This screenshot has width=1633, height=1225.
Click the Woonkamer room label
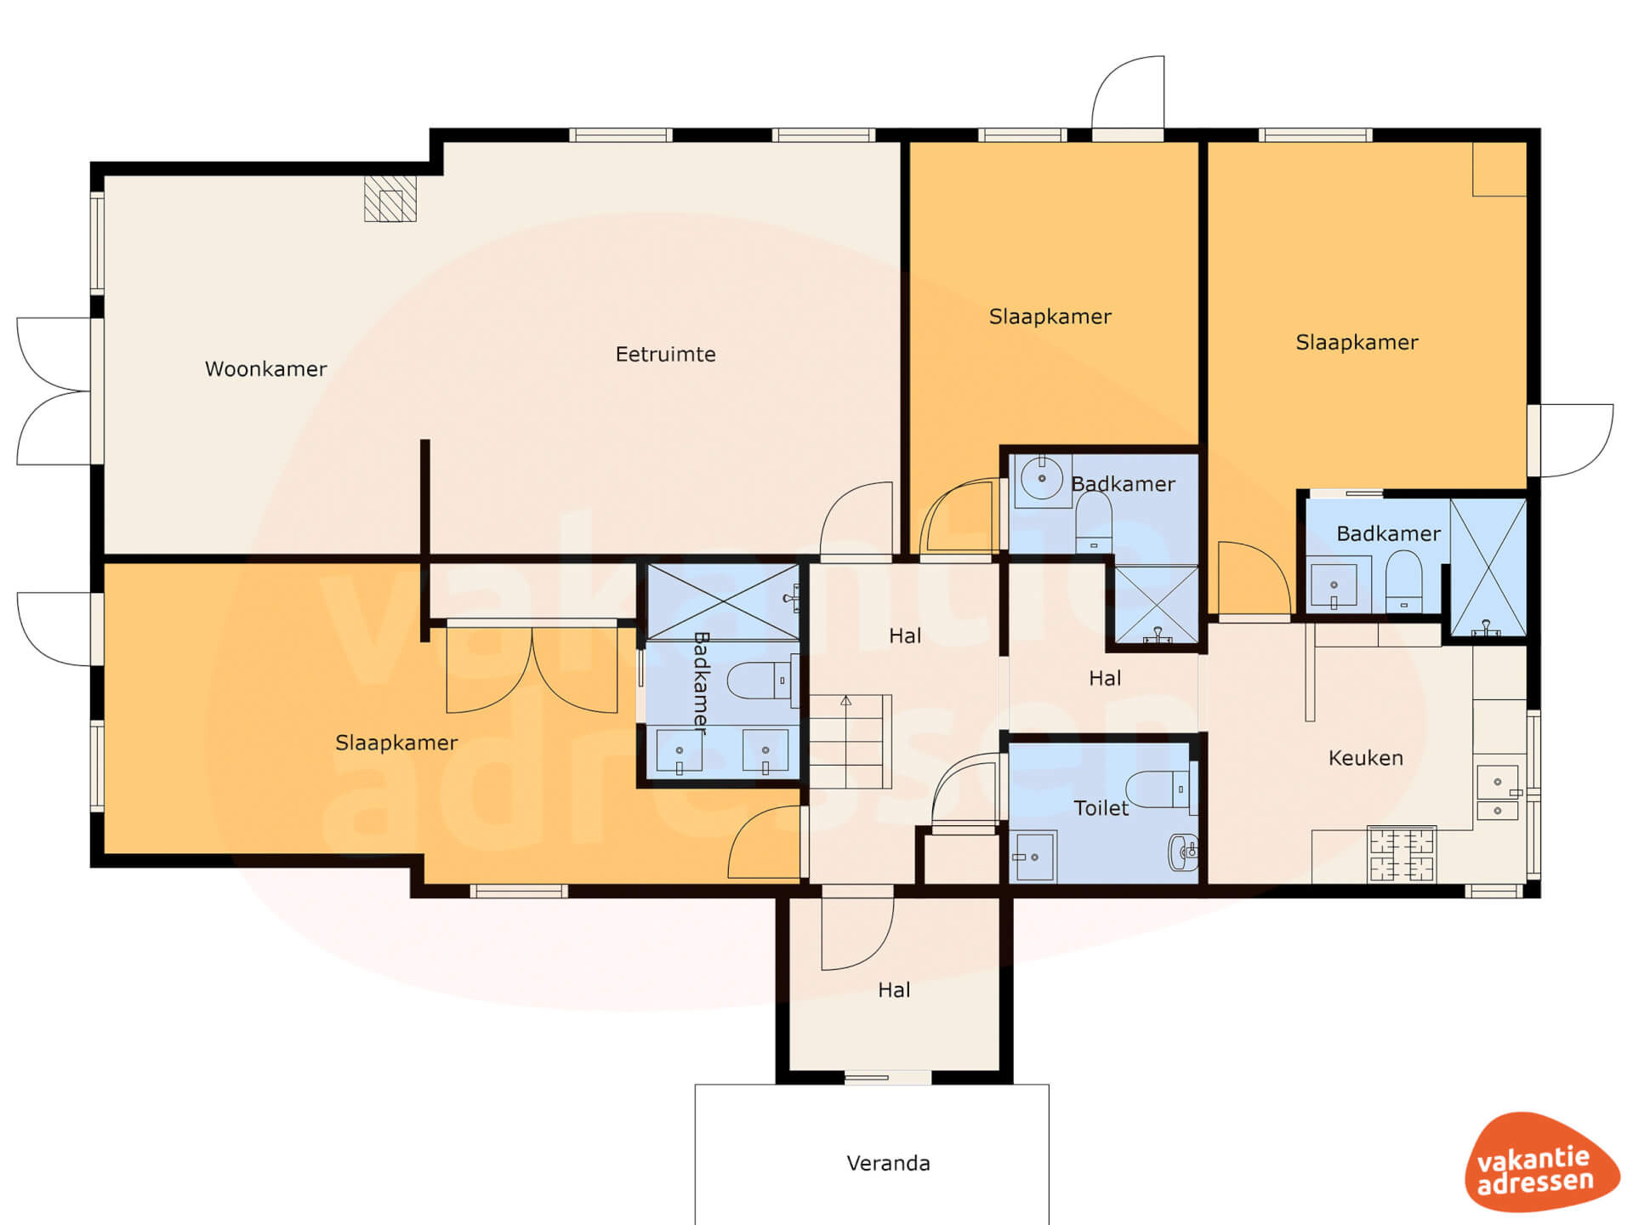coord(265,369)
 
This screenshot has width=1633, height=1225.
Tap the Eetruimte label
coord(665,354)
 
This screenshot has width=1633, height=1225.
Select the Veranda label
coord(888,1163)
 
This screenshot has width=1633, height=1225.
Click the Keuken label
coord(1365,758)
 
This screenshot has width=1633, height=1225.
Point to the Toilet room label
coord(1101,808)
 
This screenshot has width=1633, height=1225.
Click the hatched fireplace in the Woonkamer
coord(390,199)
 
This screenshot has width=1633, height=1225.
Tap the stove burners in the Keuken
coord(1401,854)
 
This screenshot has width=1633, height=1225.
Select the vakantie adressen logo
coord(1541,1162)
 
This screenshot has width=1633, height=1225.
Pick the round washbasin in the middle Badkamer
coord(1042,478)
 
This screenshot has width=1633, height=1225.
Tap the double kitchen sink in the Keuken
coord(1498,793)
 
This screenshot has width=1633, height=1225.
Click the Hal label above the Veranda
coord(894,989)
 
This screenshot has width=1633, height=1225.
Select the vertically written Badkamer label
coord(702,682)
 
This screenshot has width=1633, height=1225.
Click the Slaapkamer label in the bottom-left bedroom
coord(396,743)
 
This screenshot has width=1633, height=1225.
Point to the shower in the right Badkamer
coord(1488,567)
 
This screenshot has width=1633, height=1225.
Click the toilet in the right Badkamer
coord(1403,581)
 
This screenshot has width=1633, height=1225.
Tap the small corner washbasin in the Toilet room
coord(1184,852)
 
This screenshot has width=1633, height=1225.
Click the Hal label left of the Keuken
coord(1105,678)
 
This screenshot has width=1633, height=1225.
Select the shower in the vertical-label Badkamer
coord(723,601)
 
